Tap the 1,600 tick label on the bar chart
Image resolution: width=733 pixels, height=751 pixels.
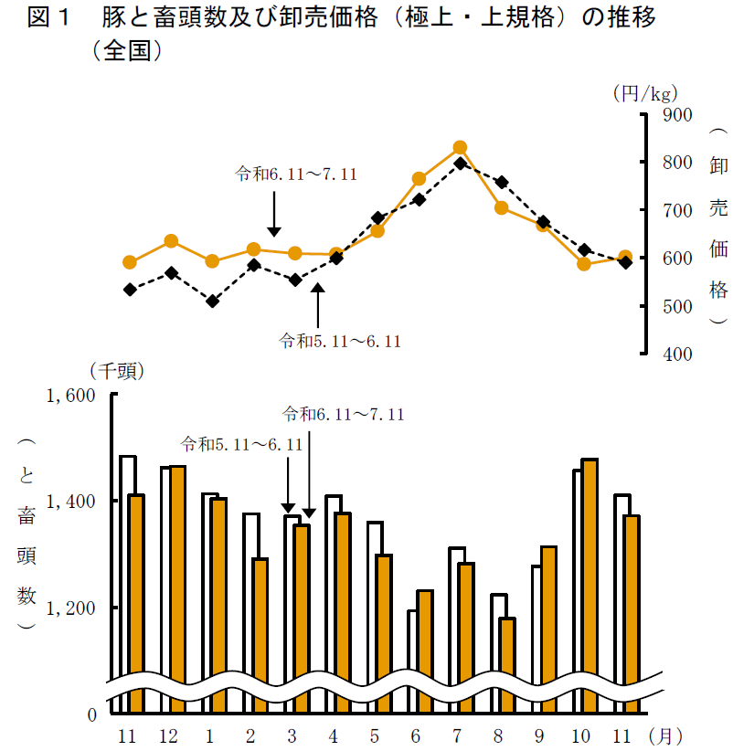click(70, 396)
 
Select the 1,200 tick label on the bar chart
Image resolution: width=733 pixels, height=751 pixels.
click(70, 608)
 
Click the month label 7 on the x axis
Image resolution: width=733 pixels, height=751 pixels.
click(457, 735)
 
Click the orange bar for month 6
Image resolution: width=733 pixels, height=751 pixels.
click(425, 649)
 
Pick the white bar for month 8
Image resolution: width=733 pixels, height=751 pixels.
click(498, 649)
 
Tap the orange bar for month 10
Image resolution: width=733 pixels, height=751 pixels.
click(590, 585)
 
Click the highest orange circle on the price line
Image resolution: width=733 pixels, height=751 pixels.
click(460, 148)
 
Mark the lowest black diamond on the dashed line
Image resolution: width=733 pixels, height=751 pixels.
click(212, 301)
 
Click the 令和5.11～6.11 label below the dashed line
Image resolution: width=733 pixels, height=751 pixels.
click(341, 341)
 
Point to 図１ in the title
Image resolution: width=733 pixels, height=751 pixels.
click(49, 18)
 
